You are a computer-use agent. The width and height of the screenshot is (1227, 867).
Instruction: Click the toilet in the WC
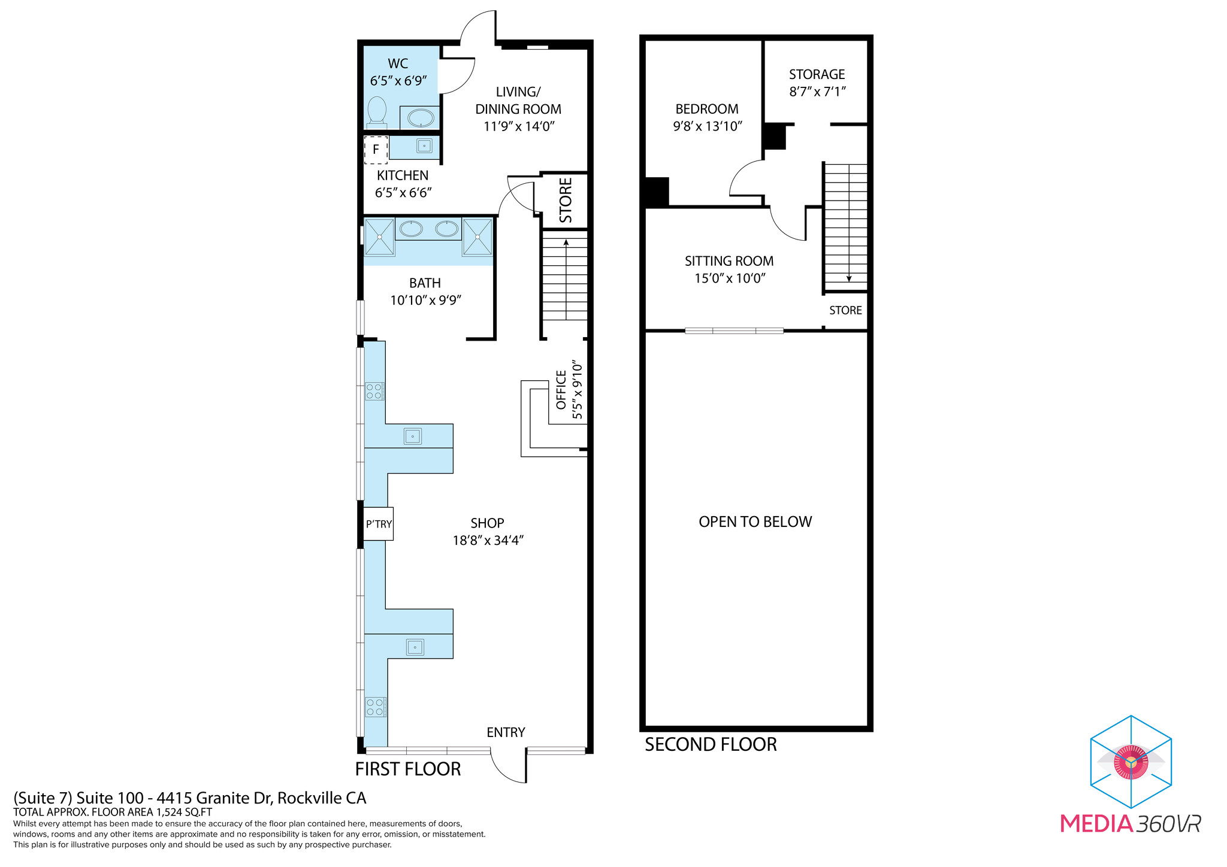pos(377,111)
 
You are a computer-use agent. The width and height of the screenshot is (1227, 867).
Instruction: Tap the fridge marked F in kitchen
pos(376,150)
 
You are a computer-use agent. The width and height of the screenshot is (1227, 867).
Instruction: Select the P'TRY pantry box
pos(379,524)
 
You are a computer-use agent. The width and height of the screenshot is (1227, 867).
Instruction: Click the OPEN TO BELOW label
pos(755,522)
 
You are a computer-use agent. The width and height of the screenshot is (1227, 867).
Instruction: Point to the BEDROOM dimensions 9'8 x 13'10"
pos(707,126)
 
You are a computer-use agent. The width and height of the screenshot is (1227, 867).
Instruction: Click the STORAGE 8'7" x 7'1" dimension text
pos(817,92)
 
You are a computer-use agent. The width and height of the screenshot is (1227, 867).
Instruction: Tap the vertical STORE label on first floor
pos(566,200)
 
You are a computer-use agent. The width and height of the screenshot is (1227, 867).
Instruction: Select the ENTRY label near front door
pos(506,732)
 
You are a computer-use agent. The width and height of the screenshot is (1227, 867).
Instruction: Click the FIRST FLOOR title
pos(408,769)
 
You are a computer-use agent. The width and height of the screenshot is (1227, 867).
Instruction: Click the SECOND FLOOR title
pos(711,744)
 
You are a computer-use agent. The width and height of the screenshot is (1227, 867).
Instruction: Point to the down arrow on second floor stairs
pos(849,277)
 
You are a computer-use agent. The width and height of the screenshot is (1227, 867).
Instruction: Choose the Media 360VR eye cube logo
pos(1131,762)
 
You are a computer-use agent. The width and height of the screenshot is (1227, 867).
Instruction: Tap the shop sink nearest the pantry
pos(413,436)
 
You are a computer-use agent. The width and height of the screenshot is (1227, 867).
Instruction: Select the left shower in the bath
pos(379,237)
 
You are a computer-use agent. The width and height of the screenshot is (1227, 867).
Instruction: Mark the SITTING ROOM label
pos(729,261)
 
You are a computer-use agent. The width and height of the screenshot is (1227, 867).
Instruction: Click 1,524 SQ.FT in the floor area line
pos(184,813)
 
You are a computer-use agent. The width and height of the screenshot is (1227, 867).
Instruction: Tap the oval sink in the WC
pos(421,118)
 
